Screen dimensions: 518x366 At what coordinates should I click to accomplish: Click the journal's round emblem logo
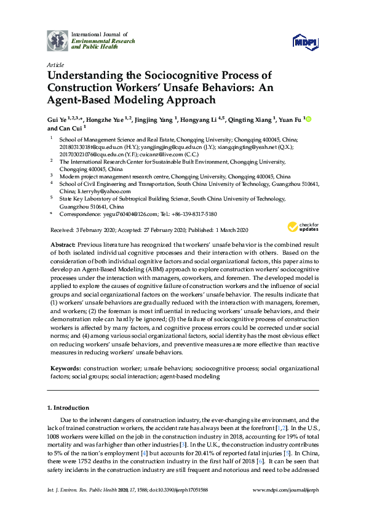click(58, 41)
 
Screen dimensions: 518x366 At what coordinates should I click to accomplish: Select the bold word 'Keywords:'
click(66, 367)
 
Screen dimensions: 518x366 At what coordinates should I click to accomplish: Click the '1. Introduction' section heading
click(68, 407)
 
